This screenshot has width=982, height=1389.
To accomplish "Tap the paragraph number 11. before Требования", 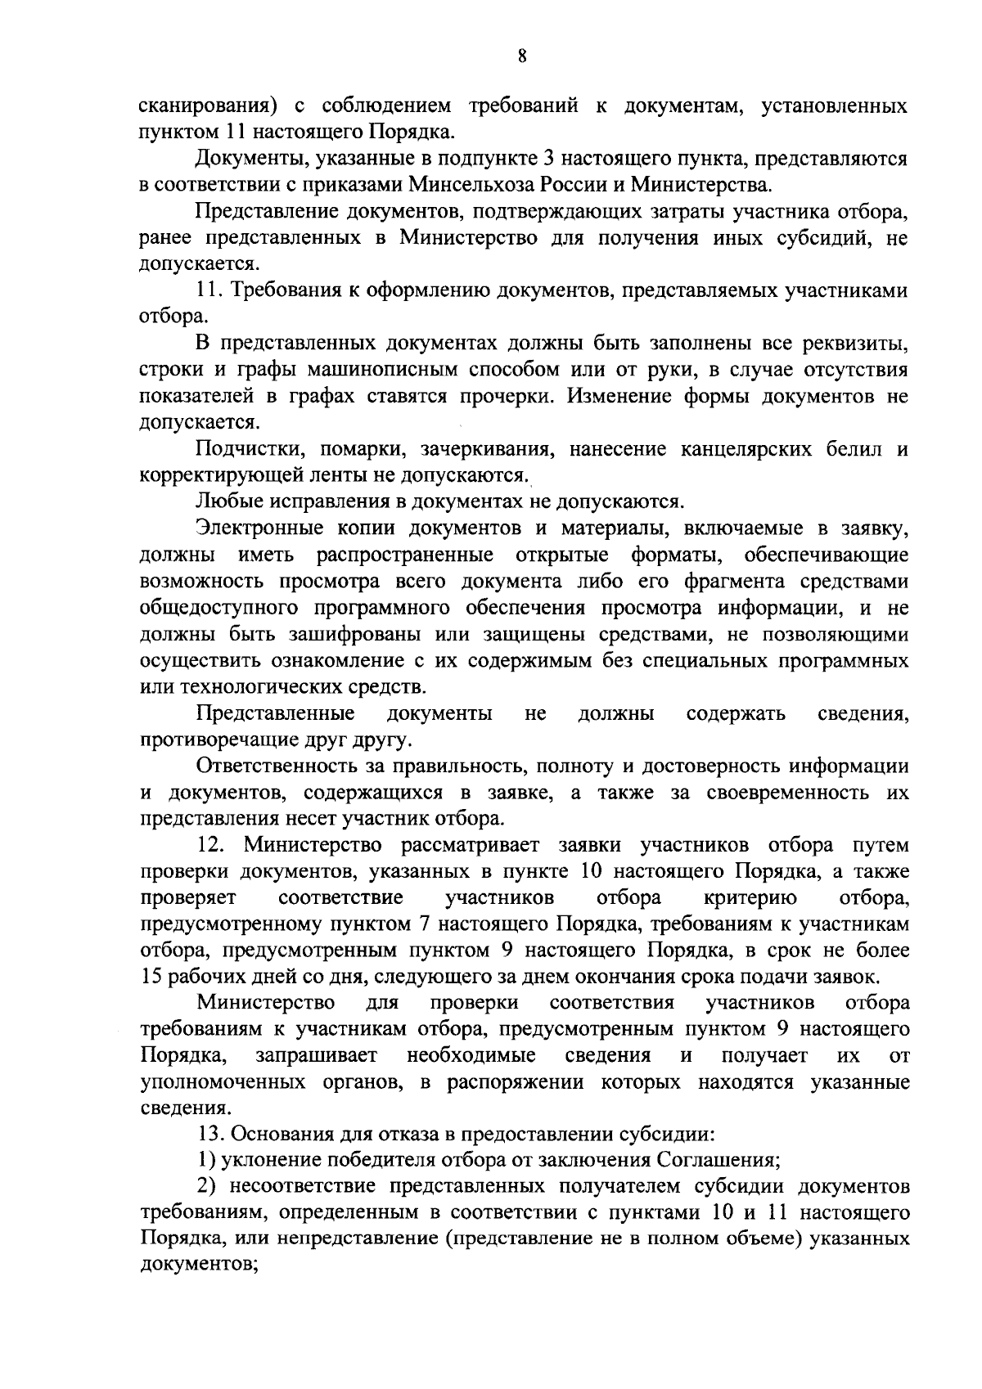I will tap(209, 291).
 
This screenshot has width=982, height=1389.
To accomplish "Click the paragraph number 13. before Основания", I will tap(209, 1135).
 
